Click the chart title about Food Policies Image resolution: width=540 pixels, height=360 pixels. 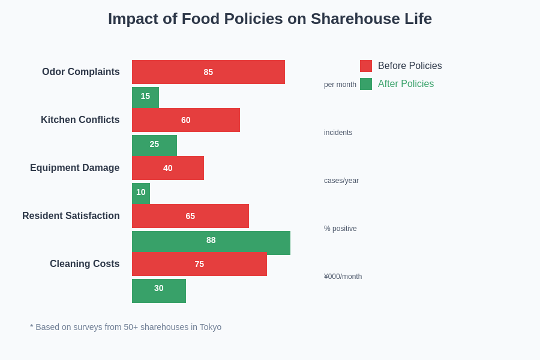pyautogui.click(x=270, y=19)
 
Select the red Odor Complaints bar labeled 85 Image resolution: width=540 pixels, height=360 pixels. pyautogui.click(x=208, y=72)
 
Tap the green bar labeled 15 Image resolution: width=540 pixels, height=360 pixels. pyautogui.click(x=145, y=97)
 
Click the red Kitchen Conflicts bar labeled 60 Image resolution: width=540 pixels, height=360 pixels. pyautogui.click(x=186, y=120)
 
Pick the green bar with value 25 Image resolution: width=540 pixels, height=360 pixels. pyautogui.click(x=154, y=145)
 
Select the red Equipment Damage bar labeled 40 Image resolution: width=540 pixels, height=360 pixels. pyautogui.click(x=168, y=168)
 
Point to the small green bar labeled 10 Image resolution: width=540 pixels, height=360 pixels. pyautogui.click(x=141, y=193)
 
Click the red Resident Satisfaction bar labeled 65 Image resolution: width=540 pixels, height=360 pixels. pyautogui.click(x=190, y=216)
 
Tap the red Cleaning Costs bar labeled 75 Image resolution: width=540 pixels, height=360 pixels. pyautogui.click(x=199, y=264)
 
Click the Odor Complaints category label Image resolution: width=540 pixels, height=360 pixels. pyautogui.click(x=81, y=72)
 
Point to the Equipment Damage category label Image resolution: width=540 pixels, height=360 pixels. pyautogui.click(x=75, y=168)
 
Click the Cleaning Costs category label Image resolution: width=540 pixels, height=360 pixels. pyautogui.click(x=85, y=264)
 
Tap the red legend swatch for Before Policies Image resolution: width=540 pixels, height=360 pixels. pyautogui.click(x=366, y=66)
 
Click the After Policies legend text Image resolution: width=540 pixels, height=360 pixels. pyautogui.click(x=406, y=84)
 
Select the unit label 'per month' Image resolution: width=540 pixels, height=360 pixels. pyautogui.click(x=340, y=85)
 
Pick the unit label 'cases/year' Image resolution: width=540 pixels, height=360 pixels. pyautogui.click(x=341, y=181)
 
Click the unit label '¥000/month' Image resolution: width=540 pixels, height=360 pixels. pyautogui.click(x=343, y=277)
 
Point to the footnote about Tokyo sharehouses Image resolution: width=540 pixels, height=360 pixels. pyautogui.click(x=126, y=327)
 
